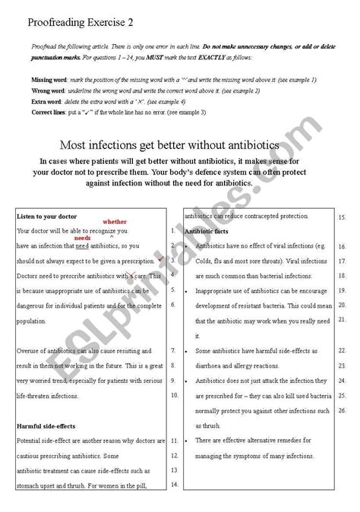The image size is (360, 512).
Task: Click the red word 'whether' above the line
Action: pyautogui.click(x=115, y=221)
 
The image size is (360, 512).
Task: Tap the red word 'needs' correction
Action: pyautogui.click(x=82, y=238)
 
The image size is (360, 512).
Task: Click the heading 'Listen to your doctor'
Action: pyautogui.click(x=45, y=216)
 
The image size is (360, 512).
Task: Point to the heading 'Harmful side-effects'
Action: pyautogui.click(x=45, y=426)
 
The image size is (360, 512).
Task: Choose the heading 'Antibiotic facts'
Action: pyautogui.click(x=208, y=231)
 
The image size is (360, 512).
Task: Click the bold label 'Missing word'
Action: pyautogui.click(x=49, y=79)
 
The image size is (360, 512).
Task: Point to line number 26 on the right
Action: pyautogui.click(x=342, y=410)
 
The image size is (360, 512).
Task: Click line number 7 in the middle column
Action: pyautogui.click(x=174, y=352)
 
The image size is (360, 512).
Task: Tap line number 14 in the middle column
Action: pyautogui.click(x=174, y=484)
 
